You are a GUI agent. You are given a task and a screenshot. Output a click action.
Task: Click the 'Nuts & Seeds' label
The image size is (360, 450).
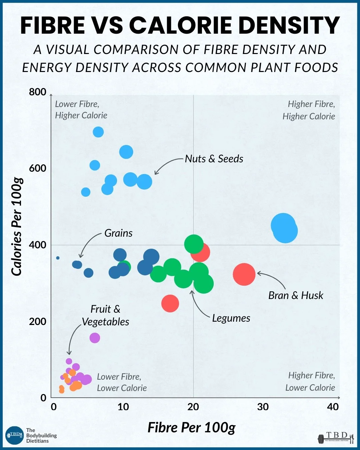pos(214,159)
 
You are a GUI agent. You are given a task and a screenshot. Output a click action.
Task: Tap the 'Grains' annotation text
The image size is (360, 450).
pos(118,233)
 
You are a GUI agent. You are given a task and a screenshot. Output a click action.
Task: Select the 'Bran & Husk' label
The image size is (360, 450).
pos(296,295)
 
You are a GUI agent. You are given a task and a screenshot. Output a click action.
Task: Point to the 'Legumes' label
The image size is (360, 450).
pos(231,318)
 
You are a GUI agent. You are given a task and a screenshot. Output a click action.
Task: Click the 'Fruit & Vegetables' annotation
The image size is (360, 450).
pos(105,315)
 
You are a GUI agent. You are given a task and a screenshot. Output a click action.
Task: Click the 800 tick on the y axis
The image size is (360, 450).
pos(38,92)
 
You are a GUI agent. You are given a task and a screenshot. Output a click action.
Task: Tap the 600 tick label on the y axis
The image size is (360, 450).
pos(38,168)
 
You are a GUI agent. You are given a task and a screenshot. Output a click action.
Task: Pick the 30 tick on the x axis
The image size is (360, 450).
pos(263,407)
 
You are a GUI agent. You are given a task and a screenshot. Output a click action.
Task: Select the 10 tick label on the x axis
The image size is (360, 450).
pos(123,407)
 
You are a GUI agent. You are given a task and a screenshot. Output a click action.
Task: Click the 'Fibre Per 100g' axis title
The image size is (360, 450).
pos(191,427)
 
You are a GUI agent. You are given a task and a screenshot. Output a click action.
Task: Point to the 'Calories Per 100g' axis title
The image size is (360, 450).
pos(17,227)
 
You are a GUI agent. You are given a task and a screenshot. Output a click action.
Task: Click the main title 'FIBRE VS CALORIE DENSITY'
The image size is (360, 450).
pos(180,25)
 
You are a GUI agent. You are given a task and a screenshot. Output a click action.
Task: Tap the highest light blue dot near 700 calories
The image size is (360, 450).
pos(98,132)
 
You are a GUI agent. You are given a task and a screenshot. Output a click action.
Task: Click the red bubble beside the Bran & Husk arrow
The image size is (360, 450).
pos(244,274)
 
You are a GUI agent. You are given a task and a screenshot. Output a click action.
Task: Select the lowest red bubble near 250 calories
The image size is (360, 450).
pos(170,303)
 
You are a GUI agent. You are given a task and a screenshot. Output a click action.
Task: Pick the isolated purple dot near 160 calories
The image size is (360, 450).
pos(95,338)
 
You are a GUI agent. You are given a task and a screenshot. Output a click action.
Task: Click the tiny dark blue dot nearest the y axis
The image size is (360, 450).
pos(58,258)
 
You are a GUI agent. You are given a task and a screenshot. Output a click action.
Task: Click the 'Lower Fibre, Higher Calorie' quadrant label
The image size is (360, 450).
pos(81,110)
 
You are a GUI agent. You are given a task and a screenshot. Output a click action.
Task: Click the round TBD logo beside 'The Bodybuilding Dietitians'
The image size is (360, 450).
pos(15,435)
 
